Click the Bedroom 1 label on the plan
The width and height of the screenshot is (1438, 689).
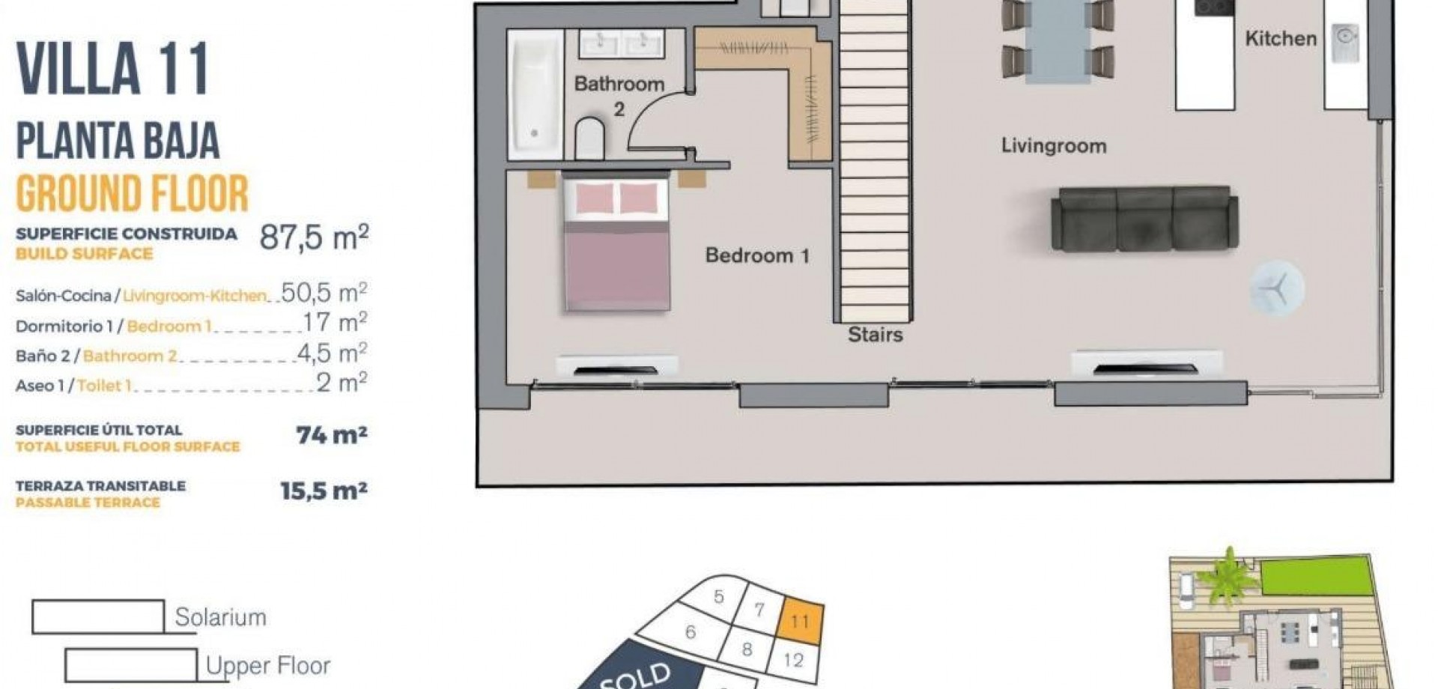click(x=757, y=255)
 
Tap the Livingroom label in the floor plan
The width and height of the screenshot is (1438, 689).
click(x=1054, y=145)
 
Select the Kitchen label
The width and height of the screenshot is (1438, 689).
click(x=1281, y=38)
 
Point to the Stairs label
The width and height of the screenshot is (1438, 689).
click(x=875, y=334)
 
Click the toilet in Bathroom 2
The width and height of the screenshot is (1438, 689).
click(x=589, y=138)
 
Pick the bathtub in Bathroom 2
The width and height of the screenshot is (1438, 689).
click(x=535, y=94)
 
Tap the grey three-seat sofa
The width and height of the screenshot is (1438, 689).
click(x=1144, y=219)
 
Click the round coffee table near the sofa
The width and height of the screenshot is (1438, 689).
click(x=1277, y=288)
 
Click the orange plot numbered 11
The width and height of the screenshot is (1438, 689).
click(x=800, y=622)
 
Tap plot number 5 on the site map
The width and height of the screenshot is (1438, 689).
click(x=718, y=597)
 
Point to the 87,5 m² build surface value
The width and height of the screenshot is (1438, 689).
click(x=314, y=238)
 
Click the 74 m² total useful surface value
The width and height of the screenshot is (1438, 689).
click(x=332, y=434)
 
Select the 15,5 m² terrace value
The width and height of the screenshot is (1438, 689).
click(x=324, y=491)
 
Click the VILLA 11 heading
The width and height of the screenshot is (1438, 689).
click(x=112, y=69)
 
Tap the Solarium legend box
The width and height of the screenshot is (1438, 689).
click(x=98, y=616)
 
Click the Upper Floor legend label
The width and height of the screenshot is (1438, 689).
click(x=267, y=666)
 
